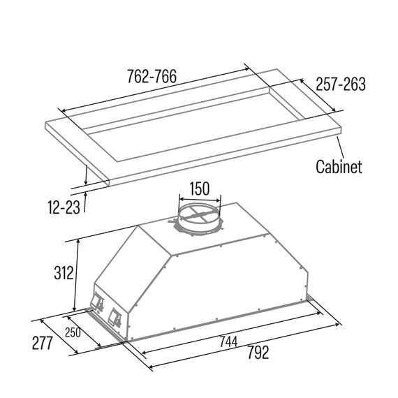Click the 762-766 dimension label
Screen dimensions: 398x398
click(x=152, y=76)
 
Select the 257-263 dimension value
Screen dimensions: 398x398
click(x=341, y=84)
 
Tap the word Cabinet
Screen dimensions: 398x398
click(x=339, y=166)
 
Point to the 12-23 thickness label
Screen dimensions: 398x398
click(x=64, y=207)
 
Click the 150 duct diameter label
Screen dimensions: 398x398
click(x=200, y=189)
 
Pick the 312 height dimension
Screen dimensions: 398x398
click(x=64, y=273)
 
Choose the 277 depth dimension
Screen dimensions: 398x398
click(x=43, y=343)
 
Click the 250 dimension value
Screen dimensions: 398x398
click(x=73, y=332)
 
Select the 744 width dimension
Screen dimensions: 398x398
click(x=228, y=341)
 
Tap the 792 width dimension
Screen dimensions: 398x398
click(x=258, y=353)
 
